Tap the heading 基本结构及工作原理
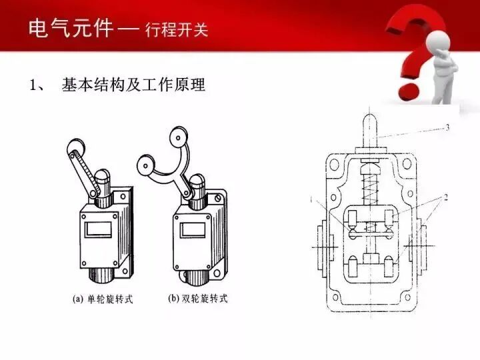pyautogui.click(x=133, y=85)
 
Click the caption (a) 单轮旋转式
pyautogui.click(x=103, y=299)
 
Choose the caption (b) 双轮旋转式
pyautogui.click(x=197, y=299)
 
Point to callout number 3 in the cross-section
pyautogui.click(x=448, y=127)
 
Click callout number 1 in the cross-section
pyautogui.click(x=311, y=199)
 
